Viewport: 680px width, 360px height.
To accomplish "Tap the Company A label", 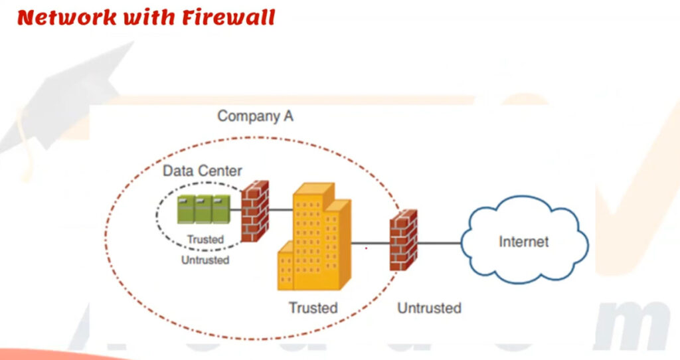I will click(255, 116).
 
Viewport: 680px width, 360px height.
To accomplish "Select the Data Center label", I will click(203, 171).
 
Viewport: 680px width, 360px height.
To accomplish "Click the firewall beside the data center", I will click(254, 211).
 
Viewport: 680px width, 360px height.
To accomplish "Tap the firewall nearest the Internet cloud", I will click(403, 240).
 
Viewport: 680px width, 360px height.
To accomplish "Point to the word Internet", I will click(524, 241).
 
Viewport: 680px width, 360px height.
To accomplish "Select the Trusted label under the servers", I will click(205, 239).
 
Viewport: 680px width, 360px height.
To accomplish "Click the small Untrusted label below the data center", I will click(205, 260).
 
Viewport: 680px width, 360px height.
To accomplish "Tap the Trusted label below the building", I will click(313, 308).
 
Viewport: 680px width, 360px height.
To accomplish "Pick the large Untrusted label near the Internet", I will click(429, 308).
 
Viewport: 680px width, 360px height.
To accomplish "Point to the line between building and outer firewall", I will click(370, 243).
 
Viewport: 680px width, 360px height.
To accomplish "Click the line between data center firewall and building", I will click(281, 210).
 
